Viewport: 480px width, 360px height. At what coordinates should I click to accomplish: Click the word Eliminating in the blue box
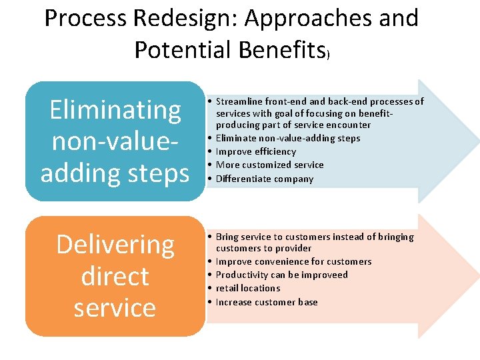[115, 110]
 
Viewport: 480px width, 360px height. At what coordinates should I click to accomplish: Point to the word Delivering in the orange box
[115, 245]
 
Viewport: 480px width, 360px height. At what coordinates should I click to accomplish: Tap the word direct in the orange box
[115, 276]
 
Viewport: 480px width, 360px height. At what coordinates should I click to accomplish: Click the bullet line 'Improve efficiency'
[255, 151]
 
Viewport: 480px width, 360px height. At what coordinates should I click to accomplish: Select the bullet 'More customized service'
[269, 165]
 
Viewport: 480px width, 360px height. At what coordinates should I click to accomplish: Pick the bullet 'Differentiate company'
[264, 179]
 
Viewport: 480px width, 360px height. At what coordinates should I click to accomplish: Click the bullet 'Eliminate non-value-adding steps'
[287, 138]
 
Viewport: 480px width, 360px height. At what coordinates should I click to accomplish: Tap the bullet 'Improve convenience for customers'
[293, 261]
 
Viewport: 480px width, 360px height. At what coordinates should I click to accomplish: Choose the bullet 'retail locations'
[247, 288]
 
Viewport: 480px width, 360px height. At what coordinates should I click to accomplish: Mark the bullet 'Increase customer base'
[266, 302]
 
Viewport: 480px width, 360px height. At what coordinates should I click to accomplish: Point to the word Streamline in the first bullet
[239, 101]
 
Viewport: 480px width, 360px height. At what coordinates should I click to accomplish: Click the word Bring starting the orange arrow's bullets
[227, 237]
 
